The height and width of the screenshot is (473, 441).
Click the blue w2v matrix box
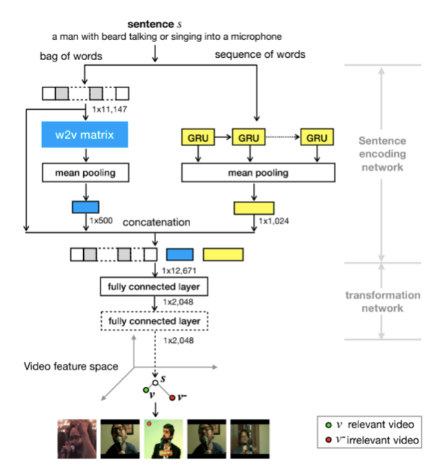(85, 135)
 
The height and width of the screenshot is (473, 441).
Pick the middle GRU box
(249, 137)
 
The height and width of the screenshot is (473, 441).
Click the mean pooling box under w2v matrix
(85, 173)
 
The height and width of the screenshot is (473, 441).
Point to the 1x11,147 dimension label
(110, 108)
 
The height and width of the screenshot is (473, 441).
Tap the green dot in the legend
(330, 425)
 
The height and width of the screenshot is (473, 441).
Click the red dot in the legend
(330, 440)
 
